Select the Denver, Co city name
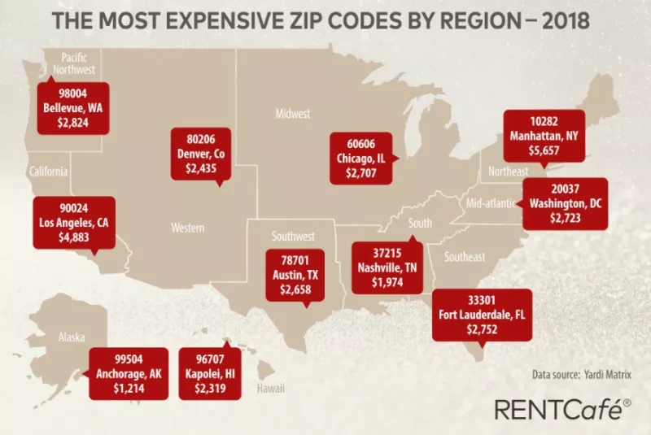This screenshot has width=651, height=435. tap(201, 153)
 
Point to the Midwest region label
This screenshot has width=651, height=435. tap(293, 114)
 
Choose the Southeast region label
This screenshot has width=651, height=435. tap(464, 257)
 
